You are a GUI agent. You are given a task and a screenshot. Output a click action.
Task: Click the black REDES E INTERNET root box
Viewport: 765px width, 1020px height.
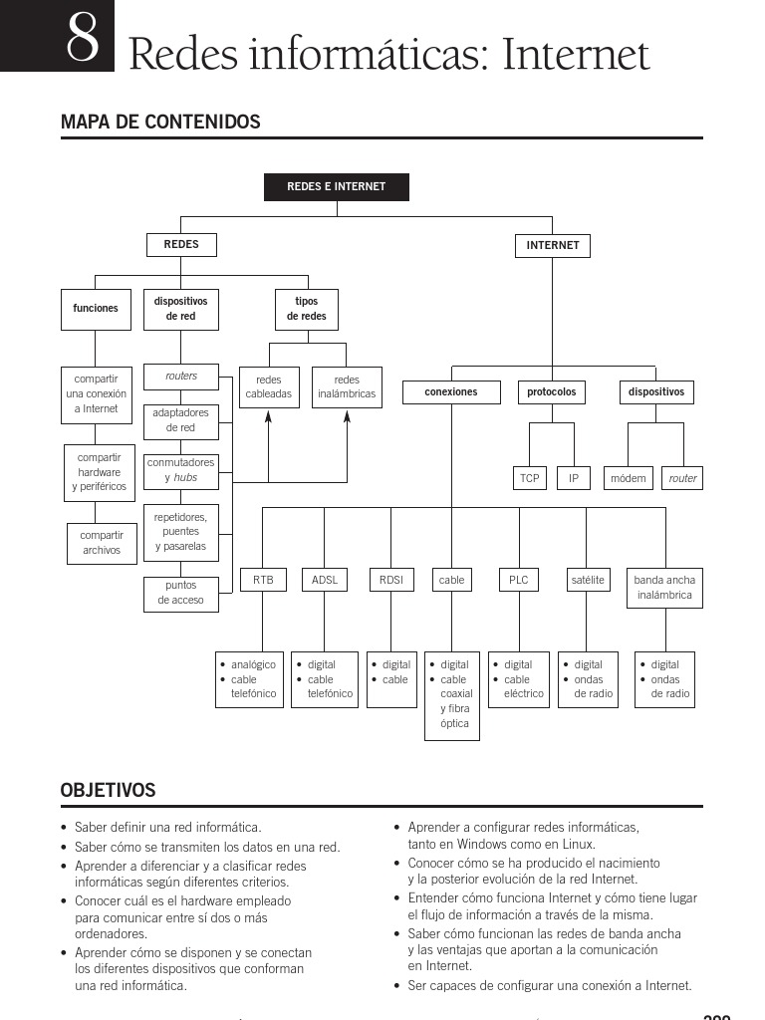tap(336, 186)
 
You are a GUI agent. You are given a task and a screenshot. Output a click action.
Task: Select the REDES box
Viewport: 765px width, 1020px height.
tap(181, 244)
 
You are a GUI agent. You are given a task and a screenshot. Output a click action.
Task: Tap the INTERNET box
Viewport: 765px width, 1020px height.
tap(553, 245)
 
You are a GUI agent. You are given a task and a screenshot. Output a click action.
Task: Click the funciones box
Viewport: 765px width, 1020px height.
tap(96, 309)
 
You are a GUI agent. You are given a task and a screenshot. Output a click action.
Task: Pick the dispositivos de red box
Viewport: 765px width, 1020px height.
tap(181, 309)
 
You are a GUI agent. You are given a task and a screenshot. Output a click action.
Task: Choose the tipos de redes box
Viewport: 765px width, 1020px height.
tap(307, 309)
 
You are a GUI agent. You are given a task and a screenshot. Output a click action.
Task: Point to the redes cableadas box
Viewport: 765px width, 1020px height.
tap(269, 387)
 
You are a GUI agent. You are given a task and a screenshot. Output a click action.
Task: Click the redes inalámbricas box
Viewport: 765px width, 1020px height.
tap(347, 387)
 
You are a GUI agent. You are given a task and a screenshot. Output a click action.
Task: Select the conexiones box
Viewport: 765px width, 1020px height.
tap(451, 392)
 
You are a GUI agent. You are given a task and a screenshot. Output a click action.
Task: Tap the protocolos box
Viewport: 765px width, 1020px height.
tap(552, 392)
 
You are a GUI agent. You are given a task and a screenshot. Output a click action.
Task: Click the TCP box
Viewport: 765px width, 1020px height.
tap(530, 478)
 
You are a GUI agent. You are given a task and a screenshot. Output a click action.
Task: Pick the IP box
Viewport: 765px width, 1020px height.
tap(574, 478)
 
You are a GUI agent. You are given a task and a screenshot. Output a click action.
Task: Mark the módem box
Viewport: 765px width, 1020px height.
tap(629, 478)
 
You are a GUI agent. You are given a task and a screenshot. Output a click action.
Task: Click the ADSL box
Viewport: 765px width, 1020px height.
tap(325, 580)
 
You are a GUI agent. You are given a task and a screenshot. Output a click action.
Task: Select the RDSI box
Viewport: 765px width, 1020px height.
tap(391, 580)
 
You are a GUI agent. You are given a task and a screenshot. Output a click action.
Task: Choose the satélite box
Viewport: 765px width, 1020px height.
tap(588, 580)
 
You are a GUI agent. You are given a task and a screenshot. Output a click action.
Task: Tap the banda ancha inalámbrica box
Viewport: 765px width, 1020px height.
tap(664, 588)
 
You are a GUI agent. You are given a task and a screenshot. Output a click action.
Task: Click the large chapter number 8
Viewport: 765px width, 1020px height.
tap(82, 40)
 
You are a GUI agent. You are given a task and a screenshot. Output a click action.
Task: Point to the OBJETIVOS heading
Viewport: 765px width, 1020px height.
tap(109, 791)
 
